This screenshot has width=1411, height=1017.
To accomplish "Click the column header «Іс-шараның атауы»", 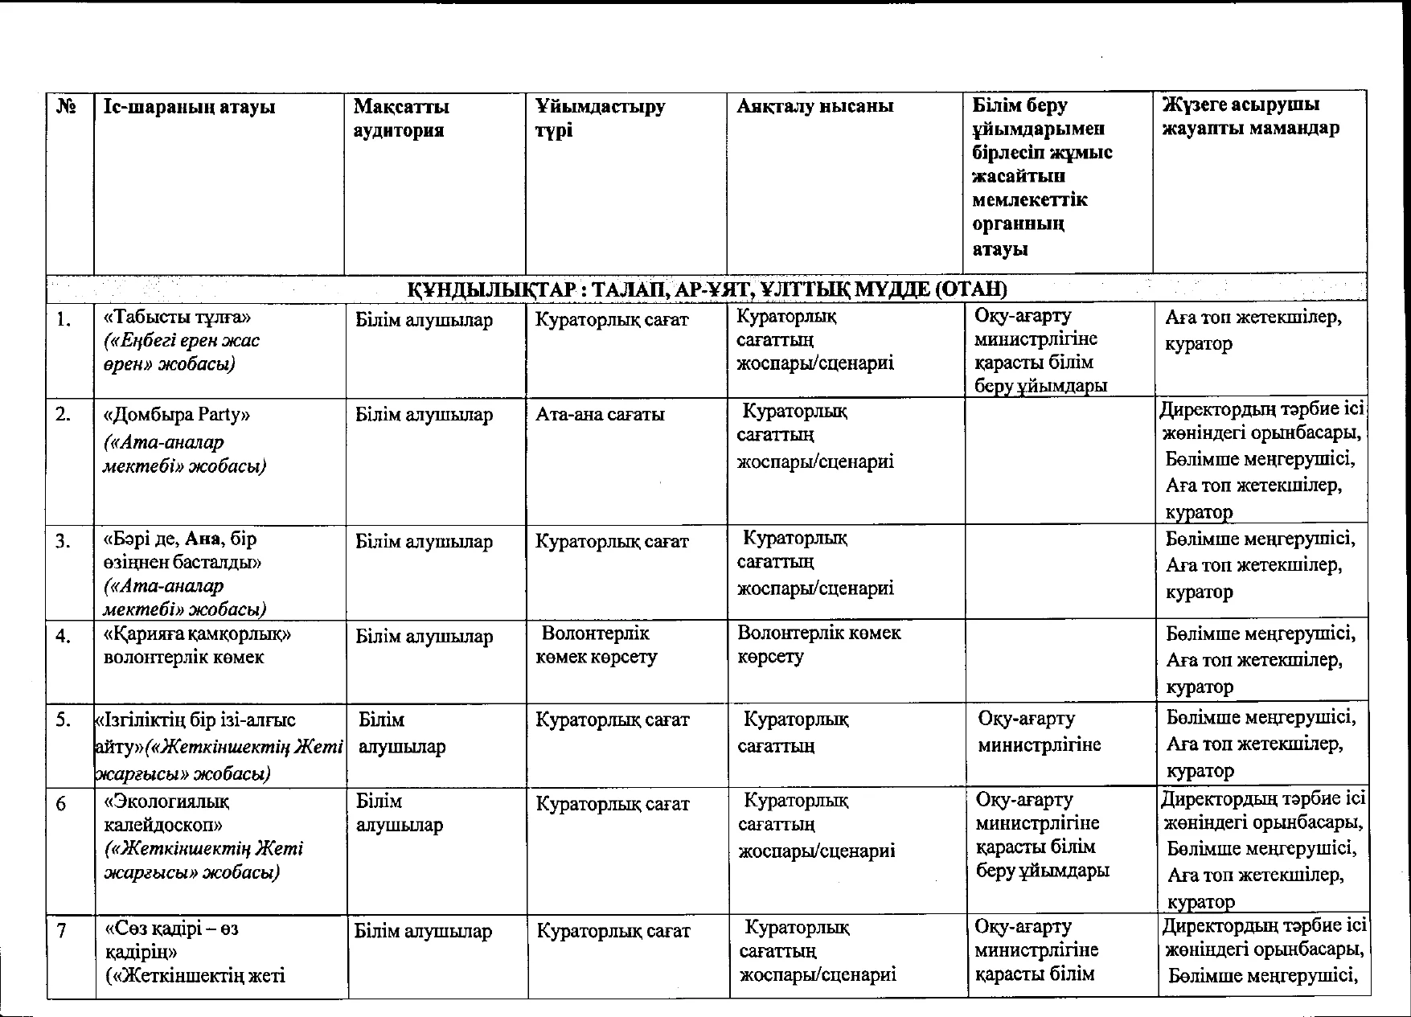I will [190, 107].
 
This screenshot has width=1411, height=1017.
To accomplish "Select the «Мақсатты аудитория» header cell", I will [401, 118].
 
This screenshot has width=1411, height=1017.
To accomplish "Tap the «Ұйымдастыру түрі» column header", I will [601, 118].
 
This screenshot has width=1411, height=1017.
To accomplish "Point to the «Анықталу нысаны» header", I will [815, 106].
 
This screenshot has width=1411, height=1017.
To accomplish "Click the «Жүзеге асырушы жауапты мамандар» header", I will [1251, 117].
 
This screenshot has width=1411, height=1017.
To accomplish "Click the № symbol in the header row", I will [67, 107].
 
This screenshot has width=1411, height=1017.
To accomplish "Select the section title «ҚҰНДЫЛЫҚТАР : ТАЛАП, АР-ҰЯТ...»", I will [707, 289].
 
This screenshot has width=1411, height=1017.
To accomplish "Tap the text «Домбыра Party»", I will [177, 415].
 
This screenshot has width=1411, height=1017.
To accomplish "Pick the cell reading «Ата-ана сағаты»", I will [600, 415].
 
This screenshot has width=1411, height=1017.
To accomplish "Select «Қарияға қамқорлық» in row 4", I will [197, 634].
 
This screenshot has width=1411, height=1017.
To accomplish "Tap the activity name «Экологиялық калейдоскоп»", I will [168, 813].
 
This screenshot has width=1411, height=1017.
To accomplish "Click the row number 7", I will [61, 930].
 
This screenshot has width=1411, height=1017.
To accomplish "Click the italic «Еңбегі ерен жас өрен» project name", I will [182, 352].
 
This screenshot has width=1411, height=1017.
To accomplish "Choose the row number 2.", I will [64, 415].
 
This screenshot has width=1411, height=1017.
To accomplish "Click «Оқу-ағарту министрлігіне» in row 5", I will [1039, 732].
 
